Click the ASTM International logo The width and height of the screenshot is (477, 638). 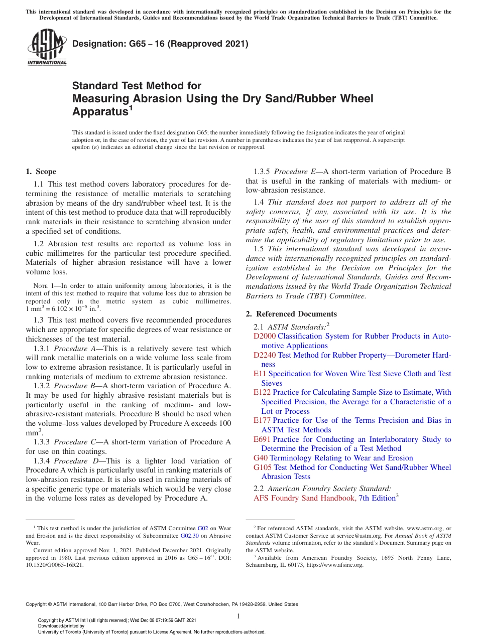(46, 47)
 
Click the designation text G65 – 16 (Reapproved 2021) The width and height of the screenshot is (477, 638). (160, 44)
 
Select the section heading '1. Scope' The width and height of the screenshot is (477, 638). (41, 172)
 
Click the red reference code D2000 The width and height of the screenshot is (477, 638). (265, 336)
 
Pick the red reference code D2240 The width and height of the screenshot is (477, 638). (265, 355)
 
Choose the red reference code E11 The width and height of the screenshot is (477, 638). (260, 374)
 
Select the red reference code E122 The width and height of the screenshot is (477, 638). (262, 392)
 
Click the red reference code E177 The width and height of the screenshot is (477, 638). (262, 420)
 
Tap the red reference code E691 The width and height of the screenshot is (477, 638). (262, 439)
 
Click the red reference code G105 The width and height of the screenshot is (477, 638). (263, 467)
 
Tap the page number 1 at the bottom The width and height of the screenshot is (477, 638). (238, 616)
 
